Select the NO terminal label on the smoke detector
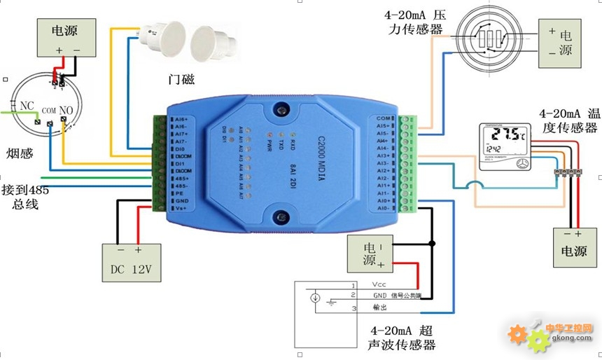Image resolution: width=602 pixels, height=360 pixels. tap(66, 110)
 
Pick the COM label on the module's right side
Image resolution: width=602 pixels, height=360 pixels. tap(382, 118)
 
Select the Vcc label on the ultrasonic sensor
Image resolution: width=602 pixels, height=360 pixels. tap(379, 284)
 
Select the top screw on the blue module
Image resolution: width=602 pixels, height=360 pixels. tap(281, 109)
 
